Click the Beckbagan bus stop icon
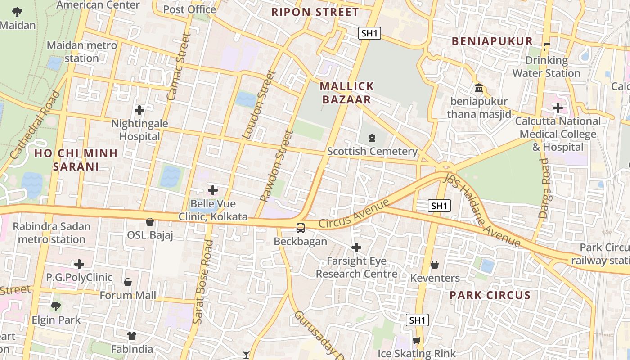(301, 228)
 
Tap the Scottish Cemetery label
(372, 152)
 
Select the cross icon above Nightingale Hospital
(139, 110)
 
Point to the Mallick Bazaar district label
(346, 93)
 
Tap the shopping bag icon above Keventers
(435, 265)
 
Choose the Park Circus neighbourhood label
(490, 296)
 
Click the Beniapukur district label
(492, 41)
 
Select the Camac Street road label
(179, 67)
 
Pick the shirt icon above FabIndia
(132, 336)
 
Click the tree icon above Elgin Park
(56, 306)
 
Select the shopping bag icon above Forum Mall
(128, 282)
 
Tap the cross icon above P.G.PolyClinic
(79, 264)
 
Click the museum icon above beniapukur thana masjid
(479, 88)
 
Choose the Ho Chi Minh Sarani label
(76, 160)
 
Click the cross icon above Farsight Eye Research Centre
(356, 247)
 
